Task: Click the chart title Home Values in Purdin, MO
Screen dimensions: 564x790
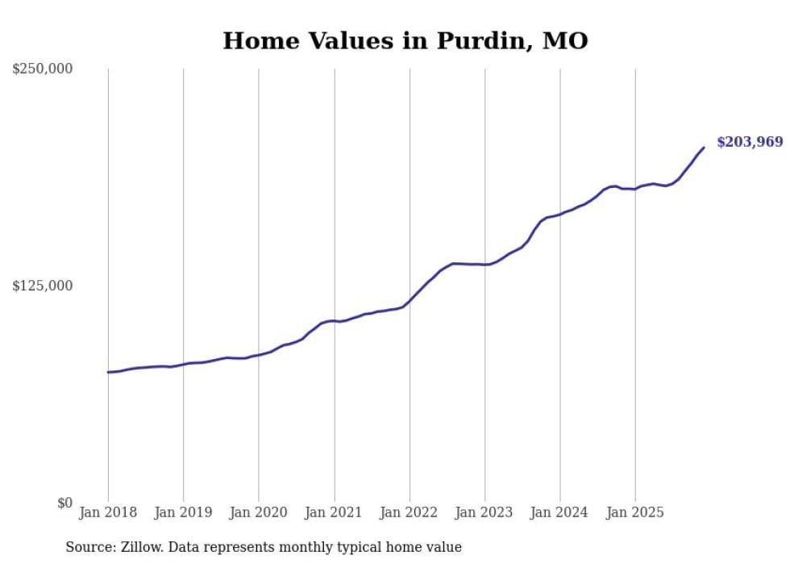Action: click(405, 40)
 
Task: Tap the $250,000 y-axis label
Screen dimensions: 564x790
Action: click(43, 69)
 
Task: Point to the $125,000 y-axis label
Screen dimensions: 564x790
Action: click(43, 286)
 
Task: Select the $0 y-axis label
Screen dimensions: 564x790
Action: click(64, 503)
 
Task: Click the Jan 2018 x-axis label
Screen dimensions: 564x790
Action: click(108, 512)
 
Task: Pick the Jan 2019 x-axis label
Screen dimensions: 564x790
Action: click(183, 512)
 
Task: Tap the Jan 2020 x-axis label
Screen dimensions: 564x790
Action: click(259, 512)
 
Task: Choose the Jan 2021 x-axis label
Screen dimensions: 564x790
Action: click(334, 512)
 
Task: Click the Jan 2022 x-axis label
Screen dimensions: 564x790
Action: click(410, 512)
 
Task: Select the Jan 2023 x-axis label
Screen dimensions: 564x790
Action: click(484, 512)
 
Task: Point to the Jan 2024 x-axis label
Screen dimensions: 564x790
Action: click(560, 512)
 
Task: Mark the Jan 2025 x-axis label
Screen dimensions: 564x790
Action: click(635, 512)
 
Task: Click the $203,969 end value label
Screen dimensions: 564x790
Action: click(750, 143)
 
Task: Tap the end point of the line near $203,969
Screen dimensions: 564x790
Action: click(704, 147)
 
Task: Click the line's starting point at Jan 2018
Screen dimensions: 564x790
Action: click(108, 372)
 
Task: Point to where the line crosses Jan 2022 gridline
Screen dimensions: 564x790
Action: click(410, 302)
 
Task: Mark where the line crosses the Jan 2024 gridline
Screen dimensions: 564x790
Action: click(560, 214)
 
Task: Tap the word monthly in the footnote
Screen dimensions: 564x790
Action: click(339, 547)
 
